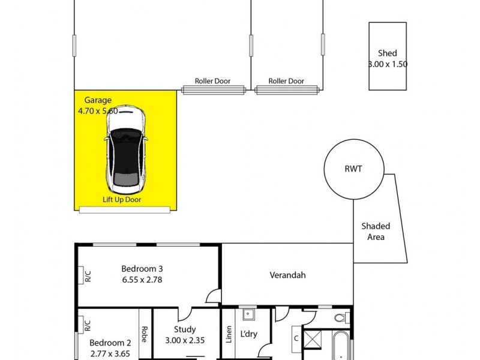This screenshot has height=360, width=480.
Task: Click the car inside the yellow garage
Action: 125,148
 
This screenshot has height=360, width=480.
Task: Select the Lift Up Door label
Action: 121,200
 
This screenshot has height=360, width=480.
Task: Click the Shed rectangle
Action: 388,58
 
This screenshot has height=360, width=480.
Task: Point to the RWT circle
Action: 353,170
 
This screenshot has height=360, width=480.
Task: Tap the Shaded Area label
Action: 376,232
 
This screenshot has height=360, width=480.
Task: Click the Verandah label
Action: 287,275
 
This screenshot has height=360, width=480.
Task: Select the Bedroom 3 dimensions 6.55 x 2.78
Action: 142,279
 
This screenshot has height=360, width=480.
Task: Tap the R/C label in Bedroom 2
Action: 87,326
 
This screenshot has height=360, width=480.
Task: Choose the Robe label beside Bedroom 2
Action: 145,334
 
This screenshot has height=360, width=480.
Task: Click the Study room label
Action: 185,329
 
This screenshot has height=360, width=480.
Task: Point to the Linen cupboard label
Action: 229,334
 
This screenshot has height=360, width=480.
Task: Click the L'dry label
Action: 248,334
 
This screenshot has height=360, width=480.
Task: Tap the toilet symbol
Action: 339,317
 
